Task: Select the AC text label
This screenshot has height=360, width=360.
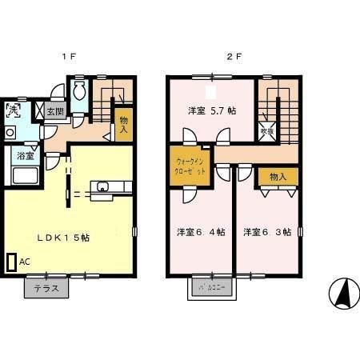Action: coord(24,261)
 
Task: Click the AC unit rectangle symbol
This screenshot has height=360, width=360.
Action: coord(10,262)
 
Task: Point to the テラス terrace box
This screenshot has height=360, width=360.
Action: coord(46,287)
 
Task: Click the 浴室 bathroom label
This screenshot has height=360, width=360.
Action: coord(23,156)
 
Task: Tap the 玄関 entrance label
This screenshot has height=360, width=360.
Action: coord(54,112)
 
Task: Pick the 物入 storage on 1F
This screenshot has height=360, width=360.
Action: coord(124,122)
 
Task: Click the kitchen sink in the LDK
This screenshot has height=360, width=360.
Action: coord(105,187)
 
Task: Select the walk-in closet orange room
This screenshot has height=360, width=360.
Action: coord(190,166)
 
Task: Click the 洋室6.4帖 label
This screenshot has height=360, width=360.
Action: coord(200,232)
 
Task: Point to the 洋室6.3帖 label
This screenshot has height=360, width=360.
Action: coord(267,232)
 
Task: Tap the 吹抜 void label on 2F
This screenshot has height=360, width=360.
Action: coord(267,130)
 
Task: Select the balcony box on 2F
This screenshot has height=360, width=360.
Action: coord(209,286)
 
